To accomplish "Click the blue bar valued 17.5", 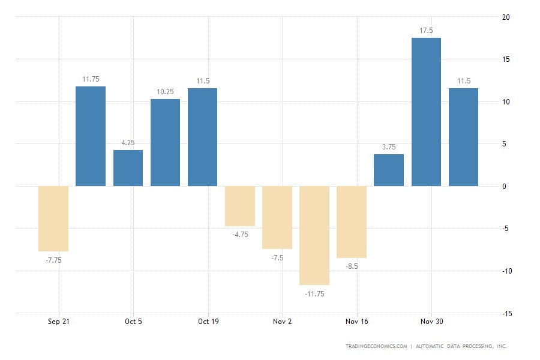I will point(426,112).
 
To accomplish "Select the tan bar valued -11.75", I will point(314,235).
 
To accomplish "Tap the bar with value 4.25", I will point(128,168).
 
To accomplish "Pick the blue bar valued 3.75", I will point(389,170).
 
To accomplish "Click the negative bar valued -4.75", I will point(240,206).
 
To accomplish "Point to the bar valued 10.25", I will point(165,143).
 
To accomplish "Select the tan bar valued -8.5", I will point(352,222).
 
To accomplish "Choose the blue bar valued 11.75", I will point(91,136).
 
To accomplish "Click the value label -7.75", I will point(53,260).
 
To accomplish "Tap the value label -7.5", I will point(277,257).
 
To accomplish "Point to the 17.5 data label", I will point(426,29).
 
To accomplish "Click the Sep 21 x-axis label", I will point(59,322).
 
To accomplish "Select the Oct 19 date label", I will point(208,322).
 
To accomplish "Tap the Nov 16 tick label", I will point(357,322).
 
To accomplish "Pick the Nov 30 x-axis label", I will point(431,322).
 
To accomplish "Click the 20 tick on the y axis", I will point(506,17).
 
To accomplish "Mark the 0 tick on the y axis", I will point(504,187).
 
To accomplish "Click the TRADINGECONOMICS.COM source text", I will point(376,346).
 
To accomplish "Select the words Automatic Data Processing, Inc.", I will point(460,346).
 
